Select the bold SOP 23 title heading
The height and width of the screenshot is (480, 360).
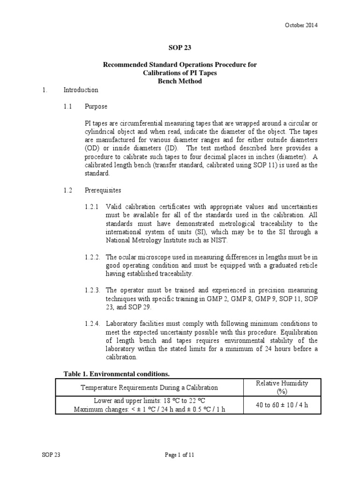(180, 47)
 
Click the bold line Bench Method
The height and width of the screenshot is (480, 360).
(180, 81)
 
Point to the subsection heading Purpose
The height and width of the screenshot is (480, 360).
(96, 106)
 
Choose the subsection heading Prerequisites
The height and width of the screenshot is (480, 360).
(103, 190)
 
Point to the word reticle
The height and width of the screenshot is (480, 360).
(307, 265)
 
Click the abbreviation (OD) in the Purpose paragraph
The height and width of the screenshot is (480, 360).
(92, 148)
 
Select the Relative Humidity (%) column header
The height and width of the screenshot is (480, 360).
(282, 387)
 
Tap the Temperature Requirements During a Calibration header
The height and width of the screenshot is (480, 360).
(150, 387)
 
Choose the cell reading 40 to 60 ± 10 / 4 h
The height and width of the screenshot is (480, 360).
(282, 405)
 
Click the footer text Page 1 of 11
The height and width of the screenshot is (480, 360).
(180, 455)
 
